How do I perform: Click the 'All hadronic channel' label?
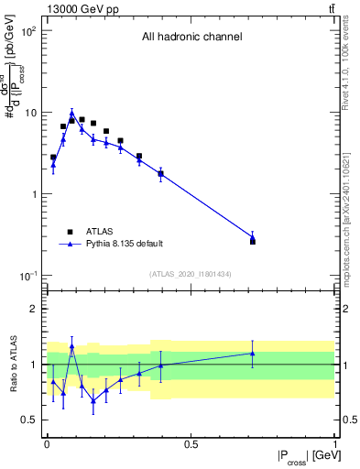coord(191,38)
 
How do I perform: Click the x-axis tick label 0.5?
coord(191,444)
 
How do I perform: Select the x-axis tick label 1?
coord(334,444)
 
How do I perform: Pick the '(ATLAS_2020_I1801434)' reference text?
coord(191,275)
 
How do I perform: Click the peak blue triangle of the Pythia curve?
coord(71,115)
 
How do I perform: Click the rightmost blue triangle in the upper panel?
coord(253,238)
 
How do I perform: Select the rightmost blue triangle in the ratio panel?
coord(253,353)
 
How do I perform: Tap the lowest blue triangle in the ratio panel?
coord(93,400)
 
